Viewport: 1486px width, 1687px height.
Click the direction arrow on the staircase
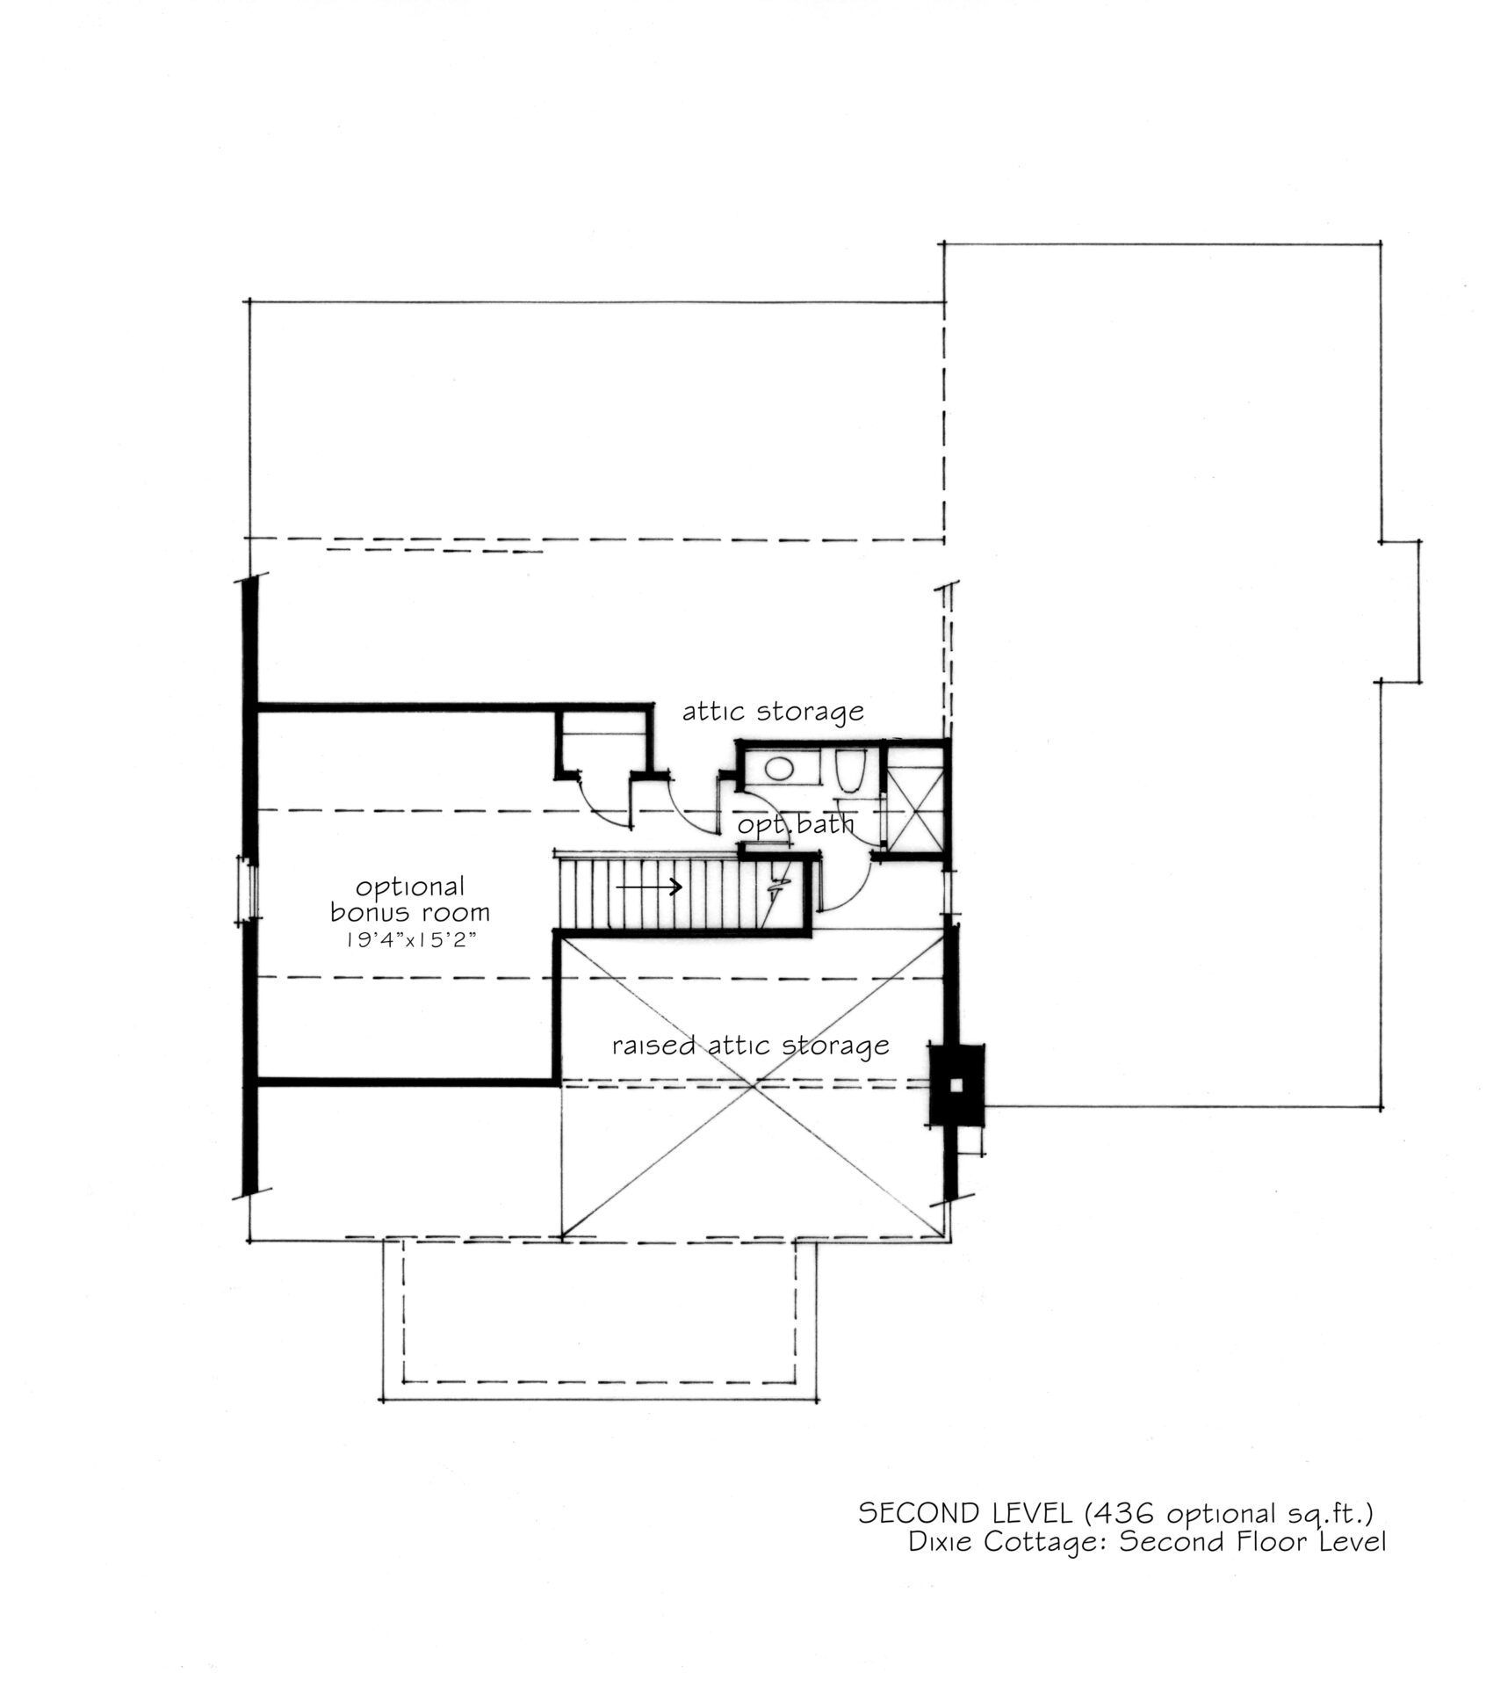pos(649,887)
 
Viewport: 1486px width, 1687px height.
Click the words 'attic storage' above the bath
pos(773,711)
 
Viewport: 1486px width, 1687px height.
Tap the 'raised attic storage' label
pos(751,1045)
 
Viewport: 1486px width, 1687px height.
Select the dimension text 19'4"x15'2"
pos(410,939)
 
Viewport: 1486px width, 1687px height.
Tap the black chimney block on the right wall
pos(957,1084)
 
